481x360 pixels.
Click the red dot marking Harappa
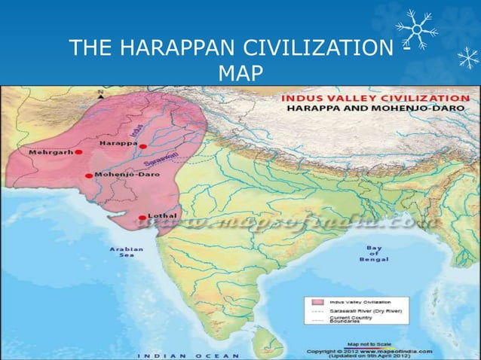click(142, 146)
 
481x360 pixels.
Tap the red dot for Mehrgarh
click(78, 151)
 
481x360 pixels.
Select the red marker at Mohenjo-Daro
click(89, 175)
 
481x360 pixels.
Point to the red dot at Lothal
click(142, 218)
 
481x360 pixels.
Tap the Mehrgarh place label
click(50, 151)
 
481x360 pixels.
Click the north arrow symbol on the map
click(101, 94)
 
